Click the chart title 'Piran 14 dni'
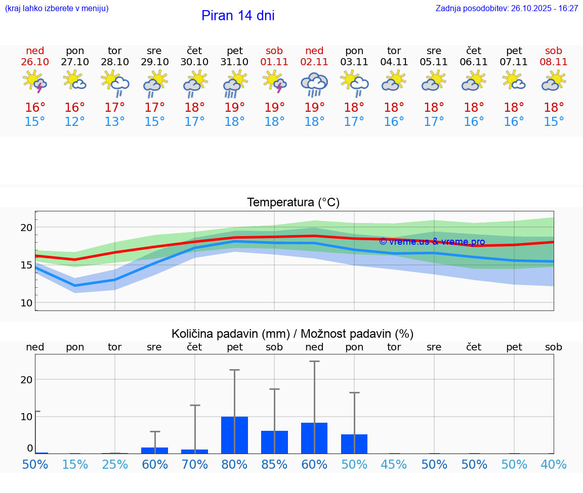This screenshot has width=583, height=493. click(x=238, y=16)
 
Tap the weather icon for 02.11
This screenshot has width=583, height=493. click(x=314, y=84)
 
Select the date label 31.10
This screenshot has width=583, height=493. click(x=234, y=62)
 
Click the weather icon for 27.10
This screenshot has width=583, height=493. click(x=75, y=81)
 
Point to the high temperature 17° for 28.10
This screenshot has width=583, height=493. click(x=115, y=107)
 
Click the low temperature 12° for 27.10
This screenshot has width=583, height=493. click(x=75, y=121)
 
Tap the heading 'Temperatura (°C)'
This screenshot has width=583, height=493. click(x=293, y=203)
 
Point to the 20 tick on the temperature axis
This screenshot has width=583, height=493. click(x=26, y=228)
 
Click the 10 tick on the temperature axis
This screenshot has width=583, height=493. click(x=26, y=302)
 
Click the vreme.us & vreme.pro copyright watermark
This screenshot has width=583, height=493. click(x=432, y=242)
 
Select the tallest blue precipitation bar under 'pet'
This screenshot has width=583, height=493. click(x=234, y=435)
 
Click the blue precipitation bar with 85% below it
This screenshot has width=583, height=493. click(x=274, y=442)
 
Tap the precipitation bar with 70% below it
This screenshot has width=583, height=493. click(x=195, y=451)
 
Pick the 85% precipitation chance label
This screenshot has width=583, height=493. click(x=274, y=464)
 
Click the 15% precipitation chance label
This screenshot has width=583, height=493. click(x=75, y=464)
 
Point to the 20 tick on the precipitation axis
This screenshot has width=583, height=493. click(x=26, y=379)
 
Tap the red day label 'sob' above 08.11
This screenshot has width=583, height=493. click(x=554, y=51)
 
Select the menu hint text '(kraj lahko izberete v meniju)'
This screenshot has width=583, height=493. click(x=57, y=9)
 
